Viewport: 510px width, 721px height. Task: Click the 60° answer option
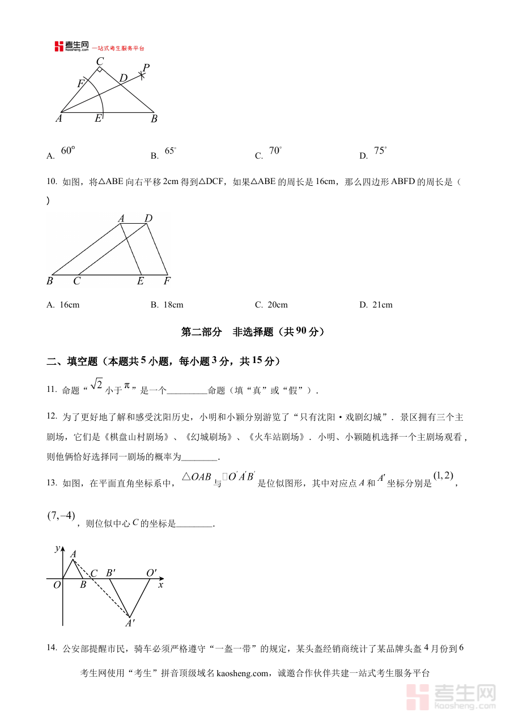point(67,151)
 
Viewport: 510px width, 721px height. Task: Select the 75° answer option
point(380,151)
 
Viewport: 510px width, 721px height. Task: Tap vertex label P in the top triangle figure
point(146,68)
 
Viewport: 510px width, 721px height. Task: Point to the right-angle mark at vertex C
point(100,70)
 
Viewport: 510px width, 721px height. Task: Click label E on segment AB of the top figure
point(98,118)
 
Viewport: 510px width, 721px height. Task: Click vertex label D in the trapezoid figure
point(148,219)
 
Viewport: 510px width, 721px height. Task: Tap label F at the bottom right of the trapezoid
point(167,281)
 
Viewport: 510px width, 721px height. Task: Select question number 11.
point(52,389)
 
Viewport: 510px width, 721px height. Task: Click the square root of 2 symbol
point(96,385)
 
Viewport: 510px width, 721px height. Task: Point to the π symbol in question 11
point(127,385)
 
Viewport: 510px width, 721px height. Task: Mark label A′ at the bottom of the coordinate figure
point(130,623)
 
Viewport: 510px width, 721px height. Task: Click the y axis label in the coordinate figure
point(57,548)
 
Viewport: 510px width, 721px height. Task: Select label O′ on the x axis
point(151,573)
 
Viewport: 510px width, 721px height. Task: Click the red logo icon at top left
point(59,46)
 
